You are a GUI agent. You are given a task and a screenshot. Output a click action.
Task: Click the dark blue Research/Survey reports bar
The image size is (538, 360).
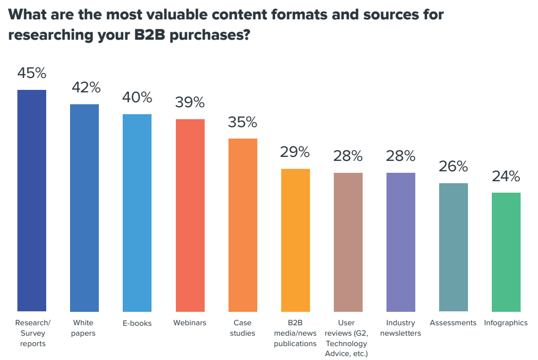click(x=32, y=201)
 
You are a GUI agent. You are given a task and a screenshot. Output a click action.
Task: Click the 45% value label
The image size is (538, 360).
click(x=32, y=73)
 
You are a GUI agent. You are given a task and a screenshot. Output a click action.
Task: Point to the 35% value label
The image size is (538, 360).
click(x=243, y=122)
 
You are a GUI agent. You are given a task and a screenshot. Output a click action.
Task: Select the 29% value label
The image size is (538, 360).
click(x=295, y=152)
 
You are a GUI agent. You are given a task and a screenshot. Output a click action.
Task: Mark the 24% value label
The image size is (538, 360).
click(x=506, y=176)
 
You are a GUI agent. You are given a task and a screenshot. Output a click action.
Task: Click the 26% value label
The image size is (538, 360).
click(x=454, y=166)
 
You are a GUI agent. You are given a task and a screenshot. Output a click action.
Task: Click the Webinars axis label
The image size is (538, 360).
click(x=190, y=323)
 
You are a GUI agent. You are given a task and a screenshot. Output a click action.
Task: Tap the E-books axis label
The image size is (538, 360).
click(x=137, y=323)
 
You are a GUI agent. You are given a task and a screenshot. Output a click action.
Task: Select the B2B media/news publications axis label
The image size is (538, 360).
click(x=295, y=333)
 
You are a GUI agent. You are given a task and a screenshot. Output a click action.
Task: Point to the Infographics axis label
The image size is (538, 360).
click(x=506, y=323)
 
